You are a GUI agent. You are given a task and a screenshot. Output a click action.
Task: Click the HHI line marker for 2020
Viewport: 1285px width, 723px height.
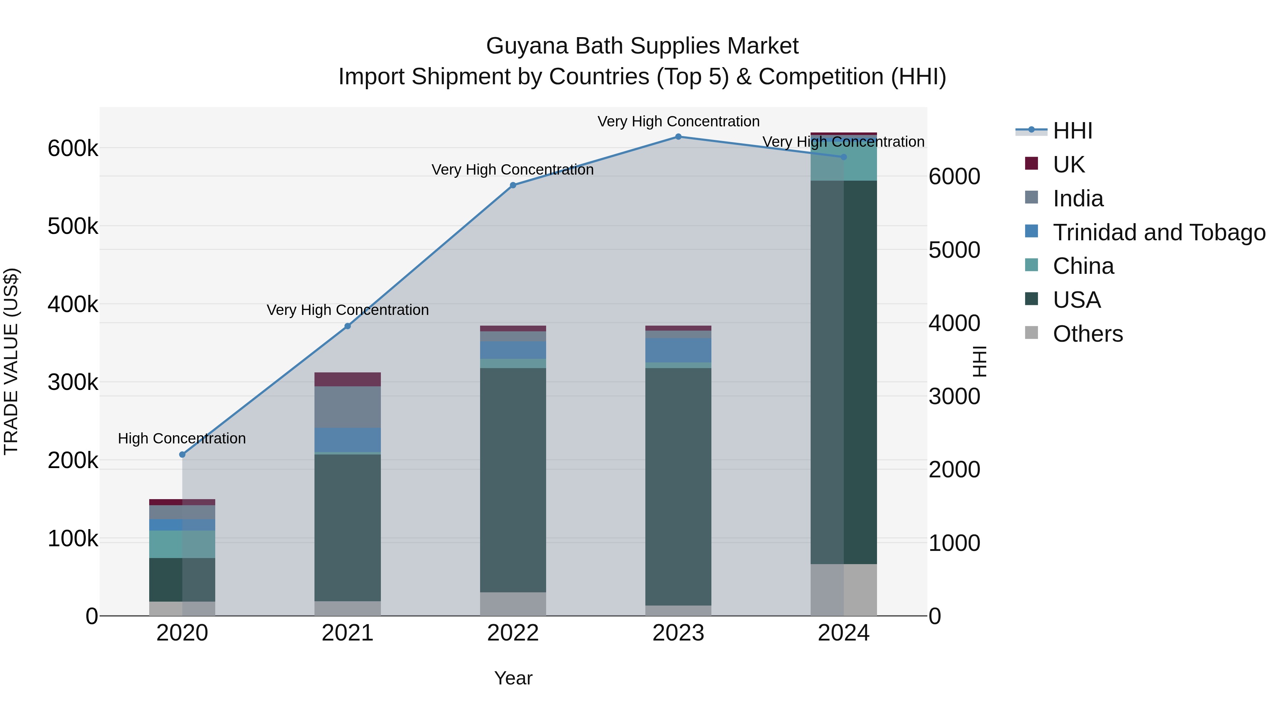pyautogui.click(x=182, y=455)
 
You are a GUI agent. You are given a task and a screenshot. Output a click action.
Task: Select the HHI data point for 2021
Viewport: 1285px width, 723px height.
pyautogui.click(x=348, y=326)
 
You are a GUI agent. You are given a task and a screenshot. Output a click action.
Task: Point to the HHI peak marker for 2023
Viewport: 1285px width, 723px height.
pyautogui.click(x=679, y=137)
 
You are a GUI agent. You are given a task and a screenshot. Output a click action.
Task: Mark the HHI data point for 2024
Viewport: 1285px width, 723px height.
pyautogui.click(x=843, y=157)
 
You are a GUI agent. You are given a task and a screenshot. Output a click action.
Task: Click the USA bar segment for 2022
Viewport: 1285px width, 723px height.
pyautogui.click(x=513, y=479)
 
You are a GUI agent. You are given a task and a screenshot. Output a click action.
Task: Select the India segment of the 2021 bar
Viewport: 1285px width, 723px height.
pyautogui.click(x=348, y=407)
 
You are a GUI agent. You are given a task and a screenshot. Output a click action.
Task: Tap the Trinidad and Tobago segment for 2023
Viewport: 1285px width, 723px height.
pyautogui.click(x=679, y=350)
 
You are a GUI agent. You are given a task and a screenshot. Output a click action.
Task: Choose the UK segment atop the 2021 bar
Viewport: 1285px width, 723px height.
pyautogui.click(x=348, y=379)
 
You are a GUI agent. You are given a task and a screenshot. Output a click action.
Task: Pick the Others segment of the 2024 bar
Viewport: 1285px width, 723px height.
pyautogui.click(x=843, y=590)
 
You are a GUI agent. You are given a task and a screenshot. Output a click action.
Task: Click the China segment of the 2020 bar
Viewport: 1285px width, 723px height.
pyautogui.click(x=182, y=544)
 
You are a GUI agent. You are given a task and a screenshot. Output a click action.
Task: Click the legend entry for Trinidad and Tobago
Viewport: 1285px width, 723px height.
pyautogui.click(x=1159, y=232)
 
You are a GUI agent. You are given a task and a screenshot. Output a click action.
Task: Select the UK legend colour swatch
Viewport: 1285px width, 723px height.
pyautogui.click(x=1031, y=164)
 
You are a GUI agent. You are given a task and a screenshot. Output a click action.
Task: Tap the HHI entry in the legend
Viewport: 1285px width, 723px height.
pyautogui.click(x=1073, y=131)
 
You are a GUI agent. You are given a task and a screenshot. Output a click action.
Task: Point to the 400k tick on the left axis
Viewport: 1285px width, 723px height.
pyautogui.click(x=73, y=304)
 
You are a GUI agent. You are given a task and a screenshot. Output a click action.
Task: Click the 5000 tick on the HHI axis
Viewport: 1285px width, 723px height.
pyautogui.click(x=954, y=250)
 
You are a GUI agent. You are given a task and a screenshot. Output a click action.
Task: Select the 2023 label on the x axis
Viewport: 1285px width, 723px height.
pyautogui.click(x=679, y=633)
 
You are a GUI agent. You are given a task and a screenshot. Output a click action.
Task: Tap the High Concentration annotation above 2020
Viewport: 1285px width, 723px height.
pyautogui.click(x=182, y=438)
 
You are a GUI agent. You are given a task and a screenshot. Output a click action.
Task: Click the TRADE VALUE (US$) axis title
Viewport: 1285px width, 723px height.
pyautogui.click(x=11, y=361)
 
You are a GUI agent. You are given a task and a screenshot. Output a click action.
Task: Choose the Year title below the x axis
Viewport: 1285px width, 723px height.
pyautogui.click(x=513, y=678)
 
